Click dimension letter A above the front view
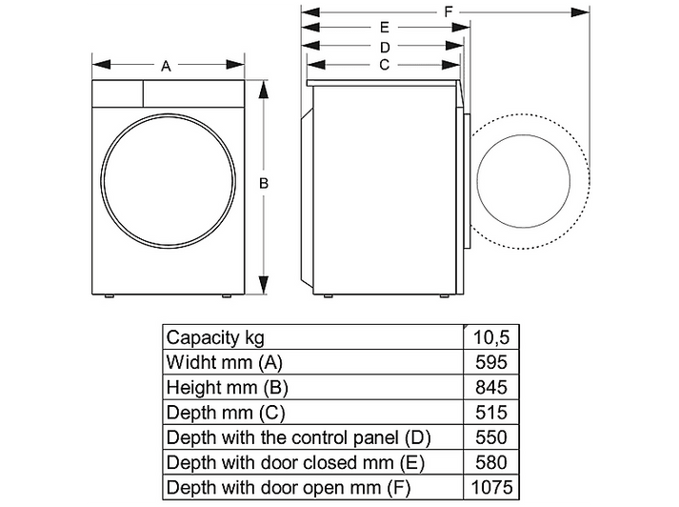(x=166, y=67)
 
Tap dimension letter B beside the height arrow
(x=264, y=183)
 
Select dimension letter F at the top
(x=449, y=11)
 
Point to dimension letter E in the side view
(x=385, y=28)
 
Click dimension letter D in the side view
(x=385, y=47)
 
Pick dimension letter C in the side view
(x=384, y=65)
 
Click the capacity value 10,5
(x=491, y=337)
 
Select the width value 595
(x=491, y=362)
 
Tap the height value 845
(x=491, y=388)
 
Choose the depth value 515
(x=491, y=413)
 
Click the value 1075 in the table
(x=491, y=488)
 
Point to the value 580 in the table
(x=491, y=462)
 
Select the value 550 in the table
(x=491, y=437)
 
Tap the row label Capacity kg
(x=215, y=337)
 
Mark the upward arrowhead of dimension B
(x=263, y=90)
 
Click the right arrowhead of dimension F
(x=580, y=12)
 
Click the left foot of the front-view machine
(x=109, y=296)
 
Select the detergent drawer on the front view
(x=117, y=93)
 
